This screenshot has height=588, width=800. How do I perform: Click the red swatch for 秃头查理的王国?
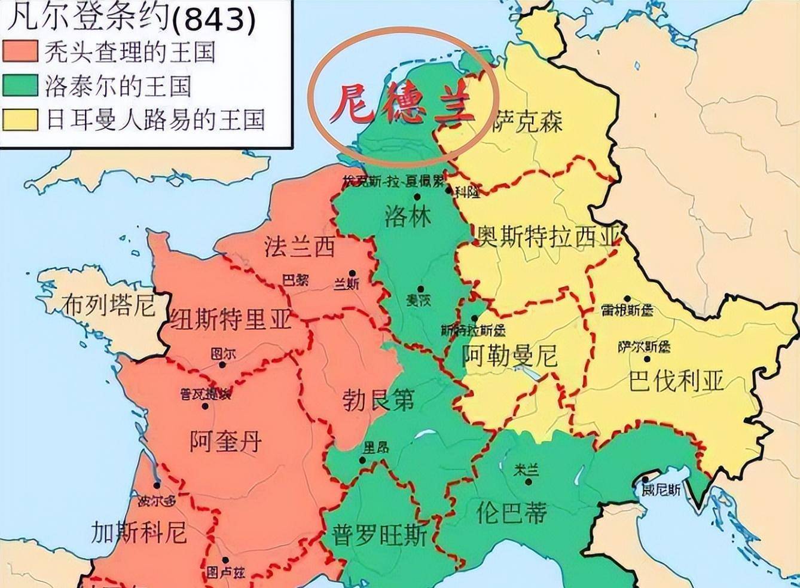[x=20, y=51]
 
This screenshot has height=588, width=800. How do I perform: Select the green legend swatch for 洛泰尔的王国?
[x=20, y=85]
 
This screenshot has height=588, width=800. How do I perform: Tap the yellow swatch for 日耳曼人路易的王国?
[x=20, y=118]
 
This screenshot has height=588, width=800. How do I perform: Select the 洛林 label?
[x=408, y=216]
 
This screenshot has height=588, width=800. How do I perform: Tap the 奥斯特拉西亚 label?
[x=547, y=237]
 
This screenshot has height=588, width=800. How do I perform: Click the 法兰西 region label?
[x=300, y=246]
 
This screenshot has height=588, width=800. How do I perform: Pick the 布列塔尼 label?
[x=109, y=305]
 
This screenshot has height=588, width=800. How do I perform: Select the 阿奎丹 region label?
[x=226, y=442]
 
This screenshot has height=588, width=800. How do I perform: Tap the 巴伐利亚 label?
[x=676, y=381]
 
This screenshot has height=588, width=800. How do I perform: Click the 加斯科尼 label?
[x=139, y=532]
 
